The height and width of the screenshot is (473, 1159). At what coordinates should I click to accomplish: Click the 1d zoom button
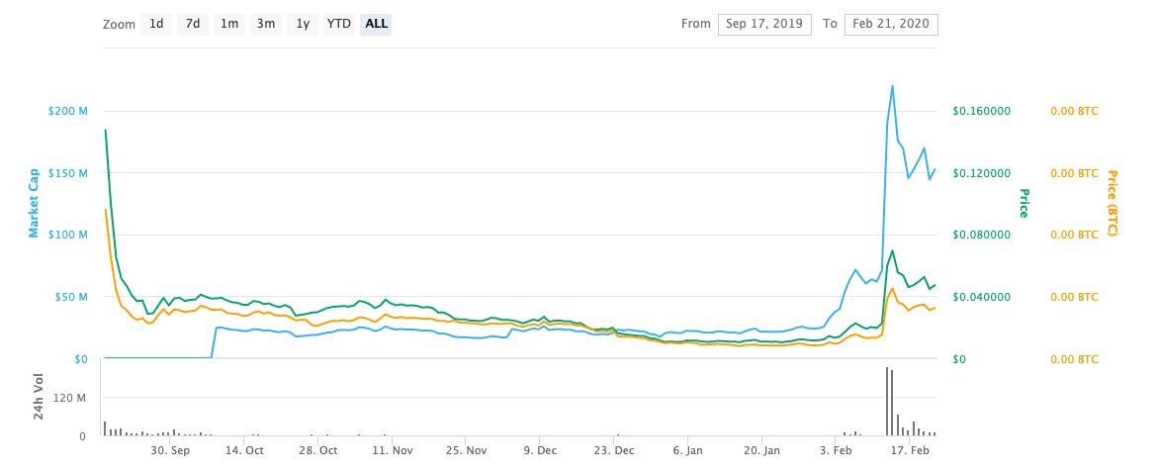(x=156, y=24)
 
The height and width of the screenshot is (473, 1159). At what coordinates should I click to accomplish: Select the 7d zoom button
(x=193, y=24)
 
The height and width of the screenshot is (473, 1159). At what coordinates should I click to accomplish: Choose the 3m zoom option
(x=266, y=24)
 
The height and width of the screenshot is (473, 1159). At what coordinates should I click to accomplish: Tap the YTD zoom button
(x=339, y=24)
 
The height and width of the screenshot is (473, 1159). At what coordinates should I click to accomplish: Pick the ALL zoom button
(x=376, y=24)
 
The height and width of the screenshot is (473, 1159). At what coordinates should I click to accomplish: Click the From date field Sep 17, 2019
(x=764, y=25)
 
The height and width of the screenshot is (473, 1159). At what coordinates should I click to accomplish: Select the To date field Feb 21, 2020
(x=891, y=25)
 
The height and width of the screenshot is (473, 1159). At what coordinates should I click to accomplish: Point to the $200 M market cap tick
(x=67, y=111)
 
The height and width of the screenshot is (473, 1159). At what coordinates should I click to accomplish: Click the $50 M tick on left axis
(x=70, y=297)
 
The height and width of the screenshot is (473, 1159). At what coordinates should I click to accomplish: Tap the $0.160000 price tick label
(x=981, y=111)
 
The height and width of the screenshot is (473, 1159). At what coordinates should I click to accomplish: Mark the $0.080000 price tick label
(x=981, y=235)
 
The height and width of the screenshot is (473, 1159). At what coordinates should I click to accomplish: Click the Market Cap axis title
(x=34, y=203)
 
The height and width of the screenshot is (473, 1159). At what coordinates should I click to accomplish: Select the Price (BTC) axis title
(x=1111, y=203)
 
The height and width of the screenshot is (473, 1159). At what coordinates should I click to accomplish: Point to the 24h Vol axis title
(x=40, y=396)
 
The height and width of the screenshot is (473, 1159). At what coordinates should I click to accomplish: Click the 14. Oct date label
(x=244, y=450)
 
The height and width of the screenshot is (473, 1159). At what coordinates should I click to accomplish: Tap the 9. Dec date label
(x=540, y=450)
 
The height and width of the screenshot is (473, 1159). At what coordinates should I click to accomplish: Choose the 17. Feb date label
(x=910, y=450)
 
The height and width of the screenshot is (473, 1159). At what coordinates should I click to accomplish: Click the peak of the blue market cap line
(x=892, y=86)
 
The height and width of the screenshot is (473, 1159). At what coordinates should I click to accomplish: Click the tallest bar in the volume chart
(x=887, y=402)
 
